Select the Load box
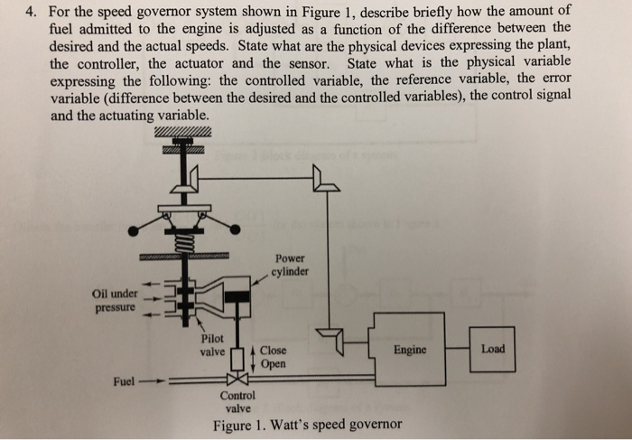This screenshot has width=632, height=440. [x=493, y=349]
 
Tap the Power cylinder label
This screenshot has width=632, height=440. [x=292, y=264]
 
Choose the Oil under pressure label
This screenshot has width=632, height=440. [x=114, y=301]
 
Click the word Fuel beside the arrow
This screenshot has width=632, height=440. [x=125, y=381]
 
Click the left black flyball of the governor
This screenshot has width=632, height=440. [x=135, y=230]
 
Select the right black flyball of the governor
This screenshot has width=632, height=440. [x=236, y=230]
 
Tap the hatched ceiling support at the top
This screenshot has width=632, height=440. [x=183, y=133]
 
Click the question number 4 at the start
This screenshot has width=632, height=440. [x=30, y=11]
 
